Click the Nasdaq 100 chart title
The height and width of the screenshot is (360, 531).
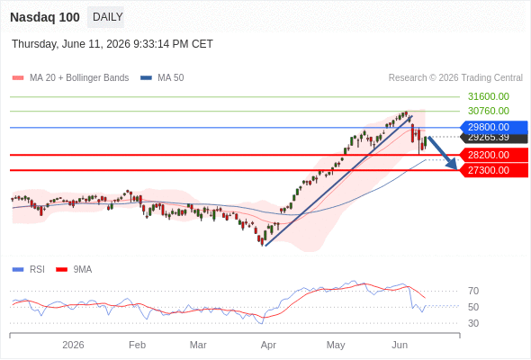[x=45, y=17]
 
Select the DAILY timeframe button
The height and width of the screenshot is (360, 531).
[x=107, y=17]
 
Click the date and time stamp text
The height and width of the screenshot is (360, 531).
[x=112, y=44]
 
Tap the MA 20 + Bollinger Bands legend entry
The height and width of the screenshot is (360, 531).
[x=70, y=78]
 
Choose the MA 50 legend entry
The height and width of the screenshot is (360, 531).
[x=162, y=78]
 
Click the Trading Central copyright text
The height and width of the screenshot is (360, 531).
[x=455, y=78]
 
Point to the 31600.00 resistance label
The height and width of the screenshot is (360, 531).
[x=489, y=96]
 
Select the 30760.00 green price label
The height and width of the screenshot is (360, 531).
[x=489, y=111]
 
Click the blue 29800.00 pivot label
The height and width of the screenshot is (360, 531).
[x=494, y=127]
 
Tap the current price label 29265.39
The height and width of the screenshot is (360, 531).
[x=494, y=138]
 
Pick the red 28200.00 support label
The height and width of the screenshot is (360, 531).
[x=494, y=155]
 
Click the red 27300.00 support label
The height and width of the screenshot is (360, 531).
[x=494, y=170]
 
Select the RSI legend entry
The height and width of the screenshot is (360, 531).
[x=29, y=270]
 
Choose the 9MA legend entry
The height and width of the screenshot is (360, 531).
[x=74, y=270]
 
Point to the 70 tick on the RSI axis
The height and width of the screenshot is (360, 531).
[x=473, y=291]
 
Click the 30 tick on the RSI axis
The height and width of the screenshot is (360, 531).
[x=473, y=323]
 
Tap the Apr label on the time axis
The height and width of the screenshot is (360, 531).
[x=268, y=345]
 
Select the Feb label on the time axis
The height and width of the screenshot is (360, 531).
[x=137, y=345]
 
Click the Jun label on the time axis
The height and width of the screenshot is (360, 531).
[x=400, y=345]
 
